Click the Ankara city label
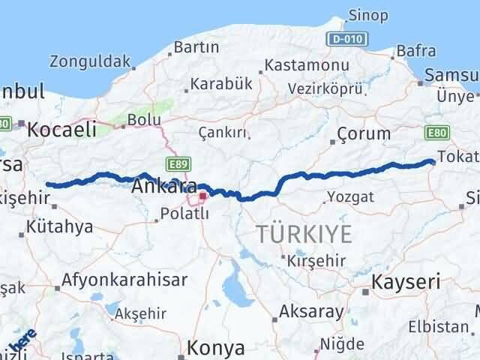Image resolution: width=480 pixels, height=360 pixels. pos(164,187)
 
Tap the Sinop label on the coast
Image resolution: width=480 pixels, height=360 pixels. pos(367,16)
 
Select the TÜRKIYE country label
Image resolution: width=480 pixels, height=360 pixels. pos(304,233)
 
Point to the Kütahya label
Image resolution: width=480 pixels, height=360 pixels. pos(62,226)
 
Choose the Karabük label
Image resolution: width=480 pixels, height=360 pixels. pos(222,84)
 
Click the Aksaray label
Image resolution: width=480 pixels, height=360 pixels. pos(311,311)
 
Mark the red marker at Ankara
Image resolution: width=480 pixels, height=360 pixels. pos(202,196)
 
